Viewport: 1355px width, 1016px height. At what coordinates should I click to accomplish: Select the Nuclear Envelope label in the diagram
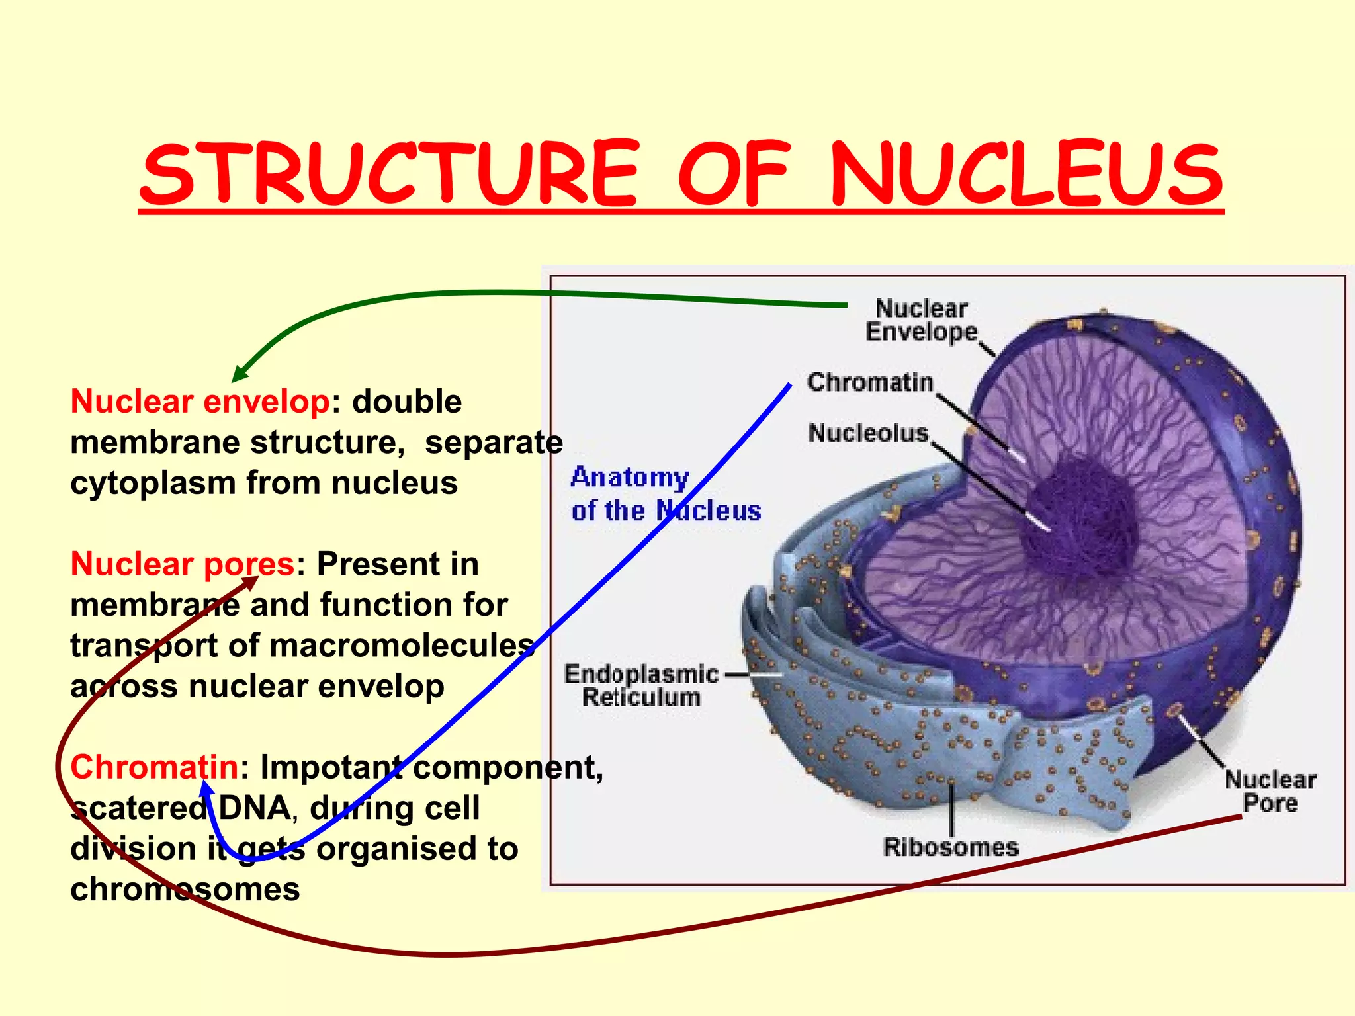pyautogui.click(x=921, y=320)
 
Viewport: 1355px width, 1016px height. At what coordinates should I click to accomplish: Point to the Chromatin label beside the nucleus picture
pyautogui.click(x=870, y=382)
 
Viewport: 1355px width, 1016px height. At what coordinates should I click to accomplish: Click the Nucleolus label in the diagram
pyautogui.click(x=868, y=433)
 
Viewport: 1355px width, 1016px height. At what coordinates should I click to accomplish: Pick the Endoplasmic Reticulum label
pyautogui.click(x=640, y=685)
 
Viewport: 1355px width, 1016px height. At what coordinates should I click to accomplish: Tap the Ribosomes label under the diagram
pyautogui.click(x=951, y=847)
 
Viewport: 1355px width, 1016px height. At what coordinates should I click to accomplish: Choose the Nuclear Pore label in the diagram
pyautogui.click(x=1270, y=791)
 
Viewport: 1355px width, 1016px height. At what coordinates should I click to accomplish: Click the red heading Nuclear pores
pyautogui.click(x=182, y=564)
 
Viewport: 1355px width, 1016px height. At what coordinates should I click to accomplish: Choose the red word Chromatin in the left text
pyautogui.click(x=153, y=767)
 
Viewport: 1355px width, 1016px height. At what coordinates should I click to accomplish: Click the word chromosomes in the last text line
pyautogui.click(x=185, y=890)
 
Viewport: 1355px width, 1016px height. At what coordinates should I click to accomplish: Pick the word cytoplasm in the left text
pyautogui.click(x=153, y=483)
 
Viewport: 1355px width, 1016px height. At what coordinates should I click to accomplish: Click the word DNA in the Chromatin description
pyautogui.click(x=254, y=808)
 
